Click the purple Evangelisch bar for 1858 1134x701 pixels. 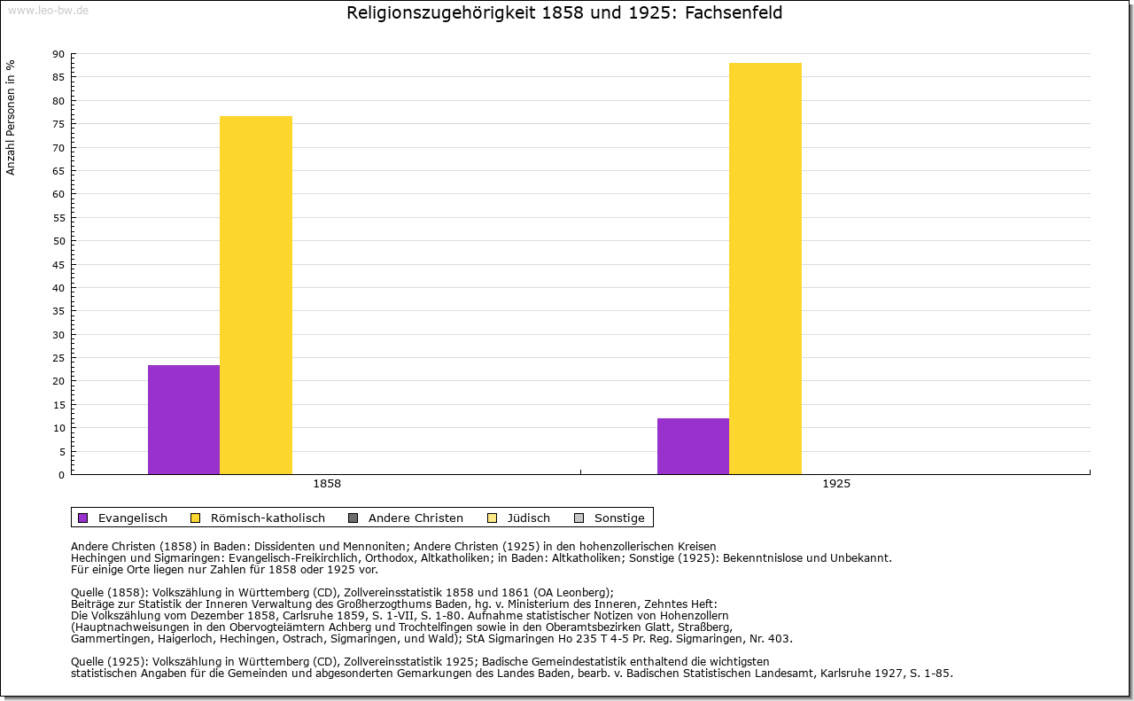tap(183, 419)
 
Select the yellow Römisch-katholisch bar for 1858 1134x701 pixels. tap(256, 295)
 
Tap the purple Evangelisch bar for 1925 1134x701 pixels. tap(693, 446)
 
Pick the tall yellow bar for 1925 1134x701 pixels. tap(765, 269)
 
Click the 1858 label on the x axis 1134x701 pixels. tap(327, 485)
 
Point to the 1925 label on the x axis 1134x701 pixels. tap(836, 485)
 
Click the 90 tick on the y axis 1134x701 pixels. tap(58, 54)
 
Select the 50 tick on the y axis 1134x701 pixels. tap(58, 241)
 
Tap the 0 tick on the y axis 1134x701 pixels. tap(61, 475)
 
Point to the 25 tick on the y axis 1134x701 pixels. tap(58, 358)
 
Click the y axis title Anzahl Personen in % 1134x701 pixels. tap(11, 117)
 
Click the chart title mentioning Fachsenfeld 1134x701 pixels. tap(564, 13)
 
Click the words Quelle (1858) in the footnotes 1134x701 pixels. tap(111, 593)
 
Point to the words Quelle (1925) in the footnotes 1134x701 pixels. tap(111, 661)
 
